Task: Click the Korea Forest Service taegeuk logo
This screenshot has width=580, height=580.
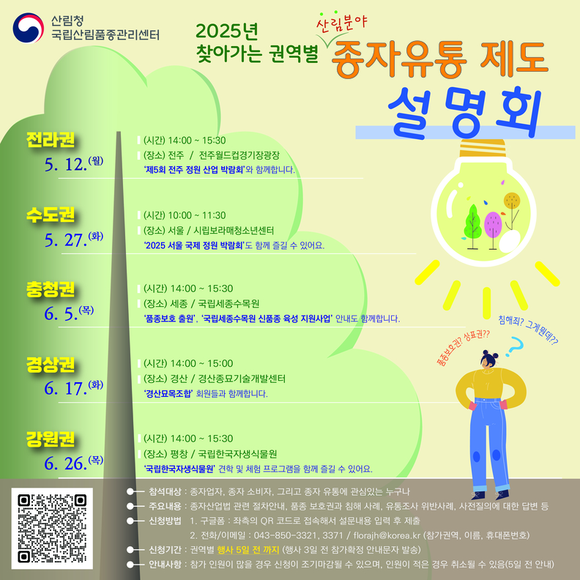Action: [29, 28]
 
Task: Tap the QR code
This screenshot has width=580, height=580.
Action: [52, 528]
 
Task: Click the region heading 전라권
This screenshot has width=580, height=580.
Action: [51, 139]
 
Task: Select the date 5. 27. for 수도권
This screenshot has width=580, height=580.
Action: [65, 240]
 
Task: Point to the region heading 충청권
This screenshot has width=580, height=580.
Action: [51, 289]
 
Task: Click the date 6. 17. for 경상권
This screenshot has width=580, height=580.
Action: [65, 388]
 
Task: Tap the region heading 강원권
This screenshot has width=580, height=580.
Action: [51, 439]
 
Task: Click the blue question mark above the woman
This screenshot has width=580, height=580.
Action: [515, 346]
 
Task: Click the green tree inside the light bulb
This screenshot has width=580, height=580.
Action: [472, 226]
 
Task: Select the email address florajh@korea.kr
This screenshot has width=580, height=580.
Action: [387, 535]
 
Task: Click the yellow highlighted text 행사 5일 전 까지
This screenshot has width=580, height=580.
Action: [248, 550]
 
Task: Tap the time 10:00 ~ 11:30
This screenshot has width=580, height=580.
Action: [197, 215]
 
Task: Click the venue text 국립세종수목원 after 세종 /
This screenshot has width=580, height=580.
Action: [228, 304]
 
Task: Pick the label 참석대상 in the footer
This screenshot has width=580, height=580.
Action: [165, 491]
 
